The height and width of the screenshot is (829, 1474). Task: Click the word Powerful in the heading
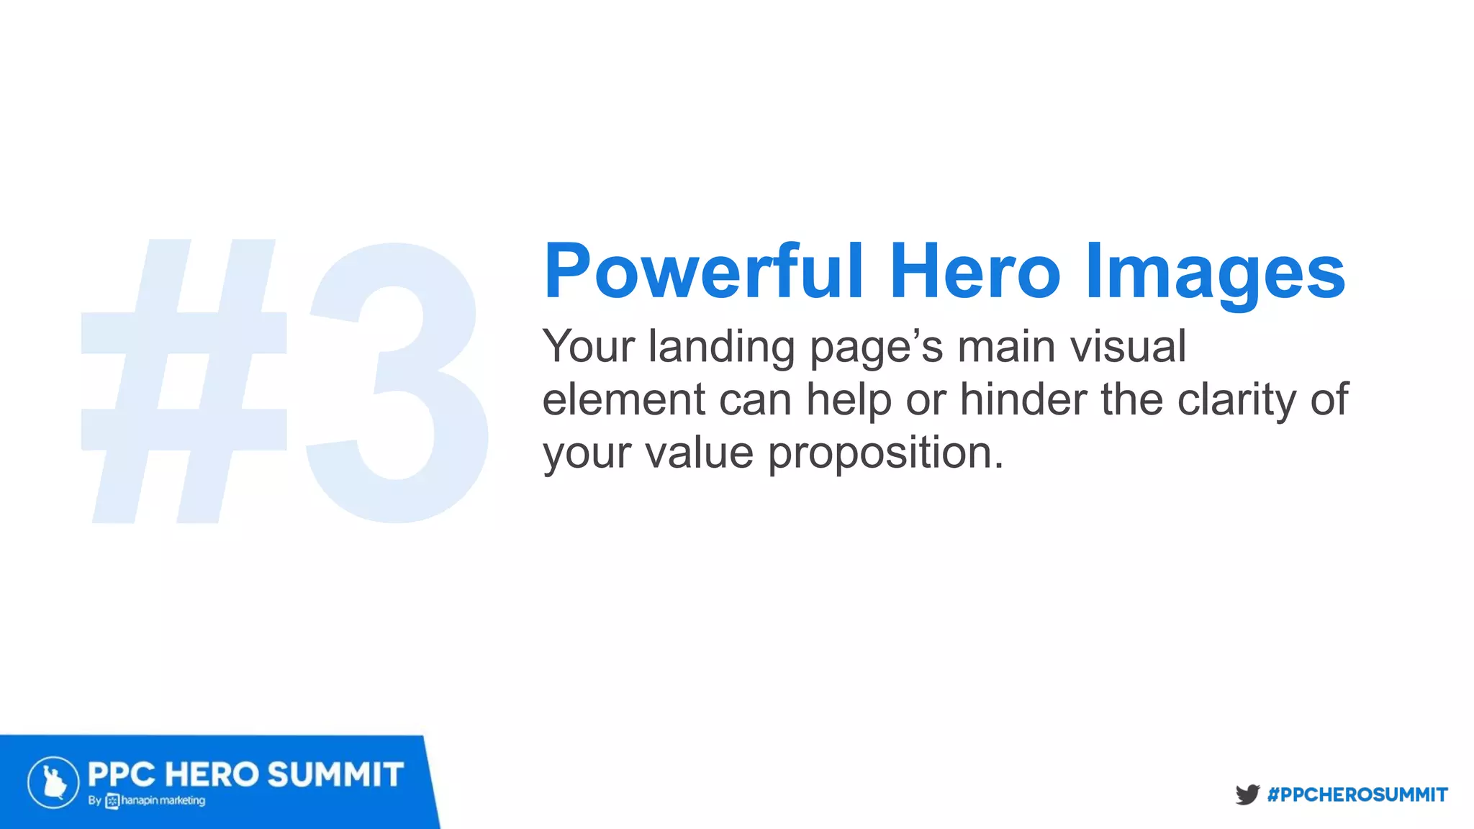click(x=703, y=271)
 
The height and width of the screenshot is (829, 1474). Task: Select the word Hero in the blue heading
click(x=975, y=271)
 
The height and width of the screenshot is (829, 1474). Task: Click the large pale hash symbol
click(x=184, y=381)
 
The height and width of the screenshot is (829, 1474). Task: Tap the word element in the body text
click(x=623, y=399)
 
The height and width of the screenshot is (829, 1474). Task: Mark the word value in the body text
click(x=699, y=453)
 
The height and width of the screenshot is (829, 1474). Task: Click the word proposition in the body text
click(x=885, y=454)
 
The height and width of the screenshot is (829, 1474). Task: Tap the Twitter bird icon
click(x=1247, y=794)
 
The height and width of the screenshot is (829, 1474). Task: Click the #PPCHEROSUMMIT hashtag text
click(x=1357, y=794)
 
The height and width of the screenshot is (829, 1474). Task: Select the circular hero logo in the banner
click(x=53, y=782)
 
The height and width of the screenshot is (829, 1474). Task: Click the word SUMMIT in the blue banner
click(x=335, y=775)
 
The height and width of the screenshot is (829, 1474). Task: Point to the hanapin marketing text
click(x=163, y=801)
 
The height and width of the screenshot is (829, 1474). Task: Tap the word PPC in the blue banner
click(x=121, y=775)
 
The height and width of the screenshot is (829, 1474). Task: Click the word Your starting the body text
click(x=589, y=347)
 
